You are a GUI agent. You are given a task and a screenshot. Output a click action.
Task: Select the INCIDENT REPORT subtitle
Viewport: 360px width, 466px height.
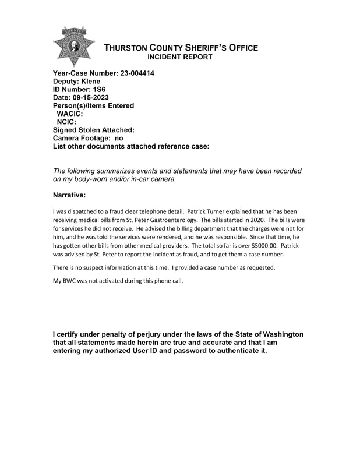pos(181,58)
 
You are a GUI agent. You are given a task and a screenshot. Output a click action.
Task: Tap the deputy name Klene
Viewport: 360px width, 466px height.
pos(91,82)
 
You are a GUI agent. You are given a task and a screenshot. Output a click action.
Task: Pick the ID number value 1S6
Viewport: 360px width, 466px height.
pos(96,90)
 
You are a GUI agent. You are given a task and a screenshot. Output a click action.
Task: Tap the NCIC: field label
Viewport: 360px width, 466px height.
pos(66,122)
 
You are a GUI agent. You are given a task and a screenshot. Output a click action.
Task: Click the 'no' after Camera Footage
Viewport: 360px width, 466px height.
pos(118,139)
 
